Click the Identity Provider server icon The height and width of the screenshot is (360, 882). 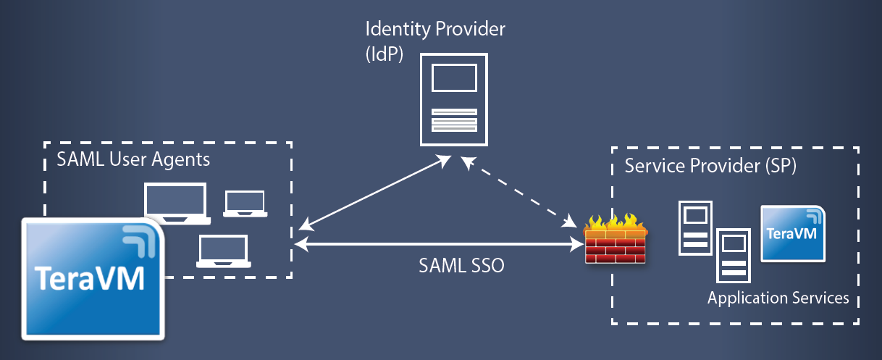coord(454,101)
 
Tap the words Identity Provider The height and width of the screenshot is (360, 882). coord(435,30)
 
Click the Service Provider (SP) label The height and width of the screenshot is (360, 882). coord(710,166)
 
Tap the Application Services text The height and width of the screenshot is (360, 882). coord(778,298)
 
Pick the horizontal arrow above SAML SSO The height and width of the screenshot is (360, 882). coord(442,246)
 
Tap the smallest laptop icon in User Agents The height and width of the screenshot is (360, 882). coord(245,204)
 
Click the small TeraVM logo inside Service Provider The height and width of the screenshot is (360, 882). coord(792,233)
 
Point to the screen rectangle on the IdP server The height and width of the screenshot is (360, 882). coord(454,77)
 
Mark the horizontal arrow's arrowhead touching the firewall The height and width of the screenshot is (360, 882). coord(578,246)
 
